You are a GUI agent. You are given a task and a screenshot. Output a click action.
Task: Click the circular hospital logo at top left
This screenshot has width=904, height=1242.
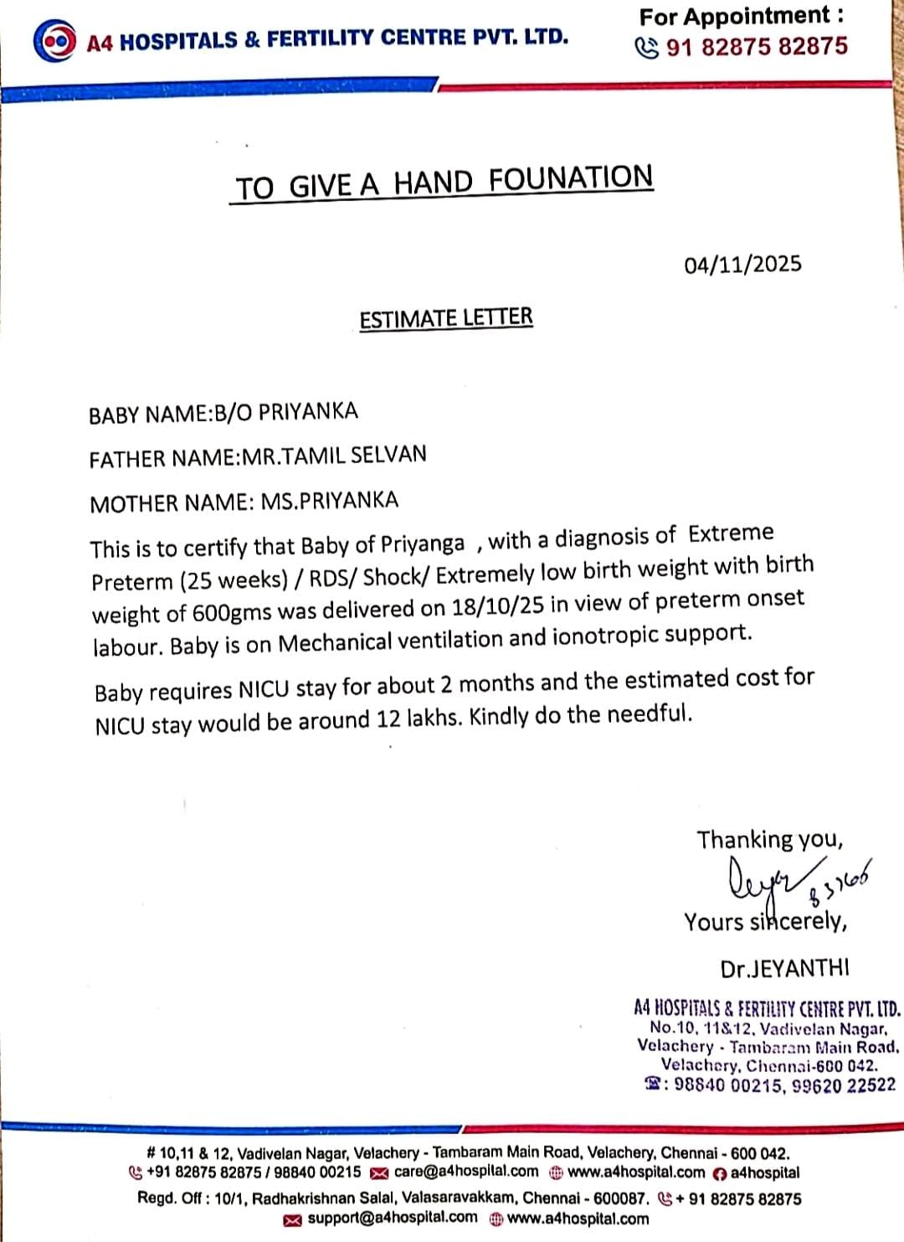tap(54, 41)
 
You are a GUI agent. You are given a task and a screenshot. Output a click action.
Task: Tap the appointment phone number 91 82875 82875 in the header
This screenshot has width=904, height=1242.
tap(757, 47)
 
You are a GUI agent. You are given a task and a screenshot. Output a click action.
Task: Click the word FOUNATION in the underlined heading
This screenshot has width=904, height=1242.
tap(570, 178)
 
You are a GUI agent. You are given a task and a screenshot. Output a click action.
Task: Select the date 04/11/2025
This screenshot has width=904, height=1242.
tap(742, 265)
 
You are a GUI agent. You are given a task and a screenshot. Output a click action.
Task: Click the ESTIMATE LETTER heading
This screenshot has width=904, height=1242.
tap(446, 318)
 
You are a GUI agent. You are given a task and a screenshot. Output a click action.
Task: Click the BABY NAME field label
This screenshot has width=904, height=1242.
tap(149, 415)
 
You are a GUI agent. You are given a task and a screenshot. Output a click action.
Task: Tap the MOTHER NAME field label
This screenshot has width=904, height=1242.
tap(170, 503)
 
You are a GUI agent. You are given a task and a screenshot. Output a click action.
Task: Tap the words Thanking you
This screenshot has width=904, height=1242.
tap(770, 839)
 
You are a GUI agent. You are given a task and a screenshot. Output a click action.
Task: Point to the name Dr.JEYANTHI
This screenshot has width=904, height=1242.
tap(784, 968)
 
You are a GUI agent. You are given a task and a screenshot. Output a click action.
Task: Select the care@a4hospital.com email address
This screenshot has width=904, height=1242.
tap(466, 1172)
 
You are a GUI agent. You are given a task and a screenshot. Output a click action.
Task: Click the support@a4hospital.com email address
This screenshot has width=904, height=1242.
tap(392, 1218)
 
